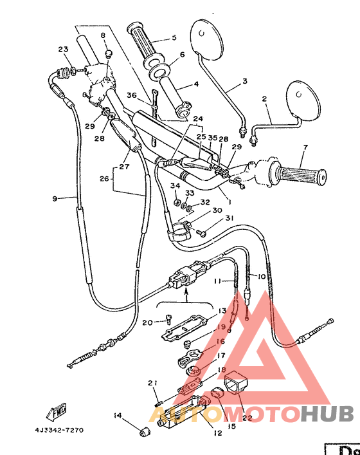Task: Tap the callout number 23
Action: pos(62,50)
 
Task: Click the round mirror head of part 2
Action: pos(301,97)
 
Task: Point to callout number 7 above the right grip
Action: pos(305,147)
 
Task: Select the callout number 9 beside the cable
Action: pos(55,199)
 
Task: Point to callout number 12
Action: pos(217,433)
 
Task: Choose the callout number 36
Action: pos(132,95)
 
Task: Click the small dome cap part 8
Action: pos(108,51)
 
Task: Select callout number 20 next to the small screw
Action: pos(147,322)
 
